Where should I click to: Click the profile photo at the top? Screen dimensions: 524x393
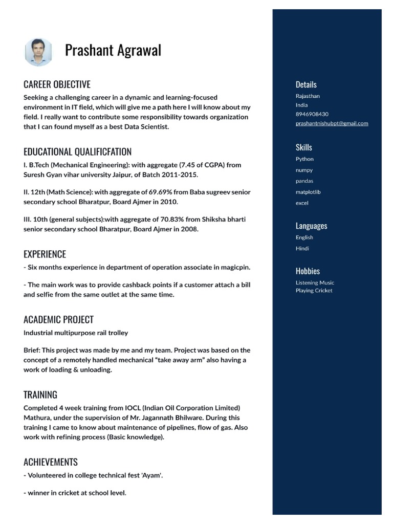[38, 52]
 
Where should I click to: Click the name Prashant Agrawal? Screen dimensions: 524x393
[113, 51]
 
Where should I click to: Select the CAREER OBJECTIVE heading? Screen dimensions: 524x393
[57, 84]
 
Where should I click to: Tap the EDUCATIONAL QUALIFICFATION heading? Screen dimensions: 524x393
[77, 151]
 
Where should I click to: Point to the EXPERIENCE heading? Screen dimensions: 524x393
[45, 254]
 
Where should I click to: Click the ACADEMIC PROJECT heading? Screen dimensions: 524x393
[58, 320]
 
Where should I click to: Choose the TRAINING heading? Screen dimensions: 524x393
[40, 395]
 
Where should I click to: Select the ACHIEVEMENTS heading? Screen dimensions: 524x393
[51, 462]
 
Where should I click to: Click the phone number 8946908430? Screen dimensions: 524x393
[312, 114]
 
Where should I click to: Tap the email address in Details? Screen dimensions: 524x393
[332, 123]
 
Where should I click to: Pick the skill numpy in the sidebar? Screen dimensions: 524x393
[304, 170]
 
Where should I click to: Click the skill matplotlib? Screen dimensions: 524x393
[308, 192]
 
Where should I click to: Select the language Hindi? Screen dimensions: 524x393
[302, 248]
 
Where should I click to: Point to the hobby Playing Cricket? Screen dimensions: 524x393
[314, 291]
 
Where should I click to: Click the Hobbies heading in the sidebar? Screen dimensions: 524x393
[308, 271]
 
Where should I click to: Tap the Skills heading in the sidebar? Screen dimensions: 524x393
[303, 147]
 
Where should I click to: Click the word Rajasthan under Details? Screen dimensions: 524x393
[308, 96]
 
